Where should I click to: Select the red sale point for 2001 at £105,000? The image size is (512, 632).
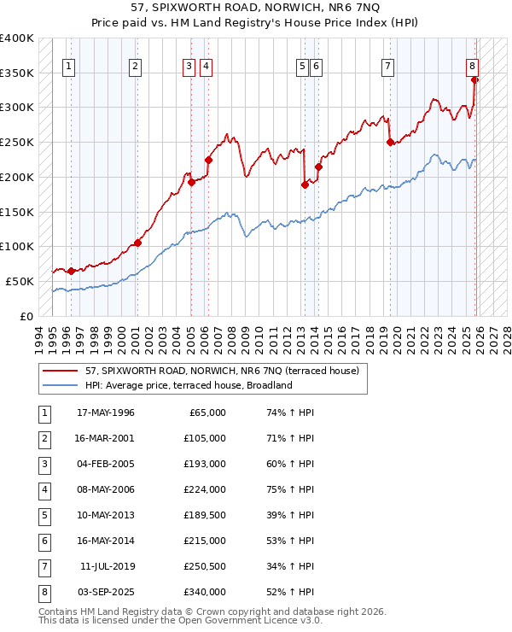pos(137,243)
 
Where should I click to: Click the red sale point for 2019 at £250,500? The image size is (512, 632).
pos(390,142)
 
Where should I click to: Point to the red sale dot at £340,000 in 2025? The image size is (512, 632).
pos(475,79)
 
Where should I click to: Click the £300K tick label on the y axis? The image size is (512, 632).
pos(17,108)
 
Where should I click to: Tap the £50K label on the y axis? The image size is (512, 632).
pos(20,281)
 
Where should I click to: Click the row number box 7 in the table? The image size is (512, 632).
pos(43,566)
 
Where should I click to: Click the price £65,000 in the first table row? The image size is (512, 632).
pos(207,413)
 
